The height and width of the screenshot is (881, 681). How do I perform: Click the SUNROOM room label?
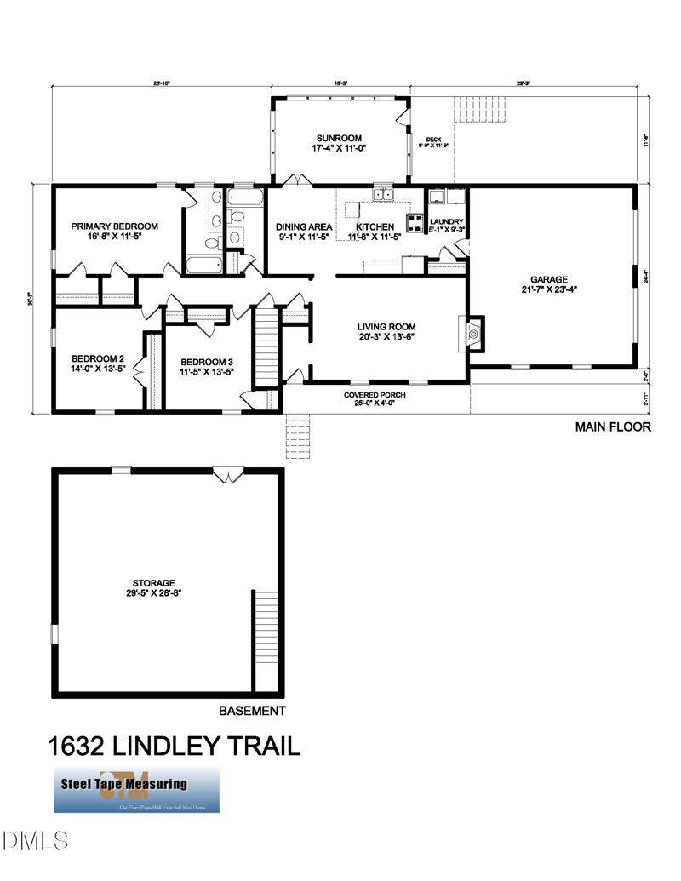339,138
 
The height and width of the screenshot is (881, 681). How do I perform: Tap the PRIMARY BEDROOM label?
114,226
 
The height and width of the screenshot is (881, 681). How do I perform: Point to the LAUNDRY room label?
446,220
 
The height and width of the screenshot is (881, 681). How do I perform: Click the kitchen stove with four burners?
416,223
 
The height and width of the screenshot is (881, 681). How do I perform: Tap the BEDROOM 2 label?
98,358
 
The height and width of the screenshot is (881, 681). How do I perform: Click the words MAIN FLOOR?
613,427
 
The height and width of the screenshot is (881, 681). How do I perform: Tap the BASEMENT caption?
252,711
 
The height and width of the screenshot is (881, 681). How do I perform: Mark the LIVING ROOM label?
386,326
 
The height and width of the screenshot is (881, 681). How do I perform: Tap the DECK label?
432,140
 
